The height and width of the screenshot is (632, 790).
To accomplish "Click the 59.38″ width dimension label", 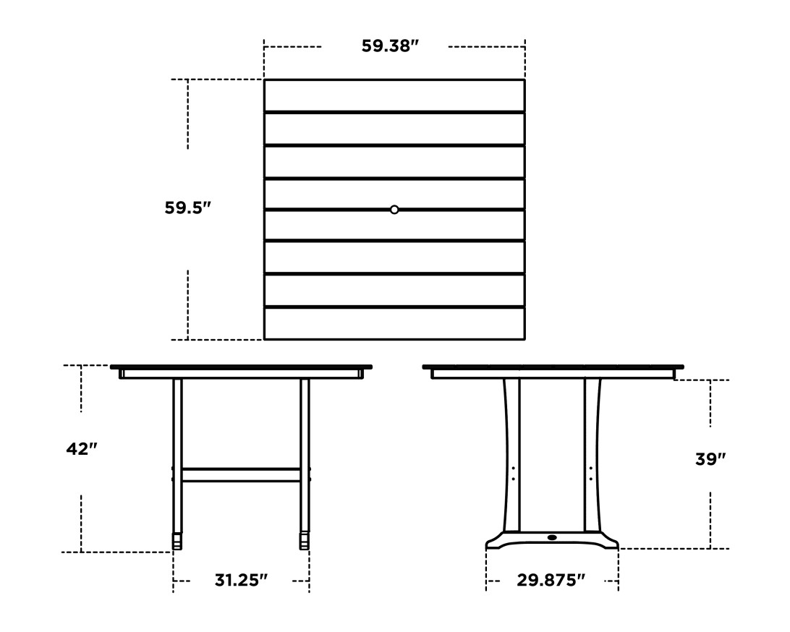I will [390, 46].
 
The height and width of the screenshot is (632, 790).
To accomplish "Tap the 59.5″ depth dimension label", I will [187, 208].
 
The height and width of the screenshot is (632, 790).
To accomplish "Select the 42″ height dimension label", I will [81, 449].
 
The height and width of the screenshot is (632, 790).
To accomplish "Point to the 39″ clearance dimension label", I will [710, 459].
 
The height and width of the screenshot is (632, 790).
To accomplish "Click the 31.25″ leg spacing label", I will [241, 580].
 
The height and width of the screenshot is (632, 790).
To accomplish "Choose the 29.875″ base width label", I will [551, 580].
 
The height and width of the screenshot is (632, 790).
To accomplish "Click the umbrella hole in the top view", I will [394, 210].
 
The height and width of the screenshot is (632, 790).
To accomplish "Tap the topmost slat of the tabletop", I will [394, 95].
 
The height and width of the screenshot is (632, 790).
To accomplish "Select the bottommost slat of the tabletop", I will [394, 323].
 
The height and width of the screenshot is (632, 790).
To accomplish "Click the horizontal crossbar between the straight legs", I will [241, 474].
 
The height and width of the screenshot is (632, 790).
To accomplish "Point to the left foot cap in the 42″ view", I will [177, 541].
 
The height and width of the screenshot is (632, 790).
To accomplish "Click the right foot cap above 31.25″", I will [305, 541].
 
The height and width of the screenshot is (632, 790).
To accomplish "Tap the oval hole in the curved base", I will [553, 537].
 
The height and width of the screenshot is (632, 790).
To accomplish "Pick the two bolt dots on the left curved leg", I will [513, 474].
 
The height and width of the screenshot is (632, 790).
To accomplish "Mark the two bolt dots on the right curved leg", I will [591, 474].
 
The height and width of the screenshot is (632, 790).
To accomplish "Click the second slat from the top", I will [394, 129].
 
